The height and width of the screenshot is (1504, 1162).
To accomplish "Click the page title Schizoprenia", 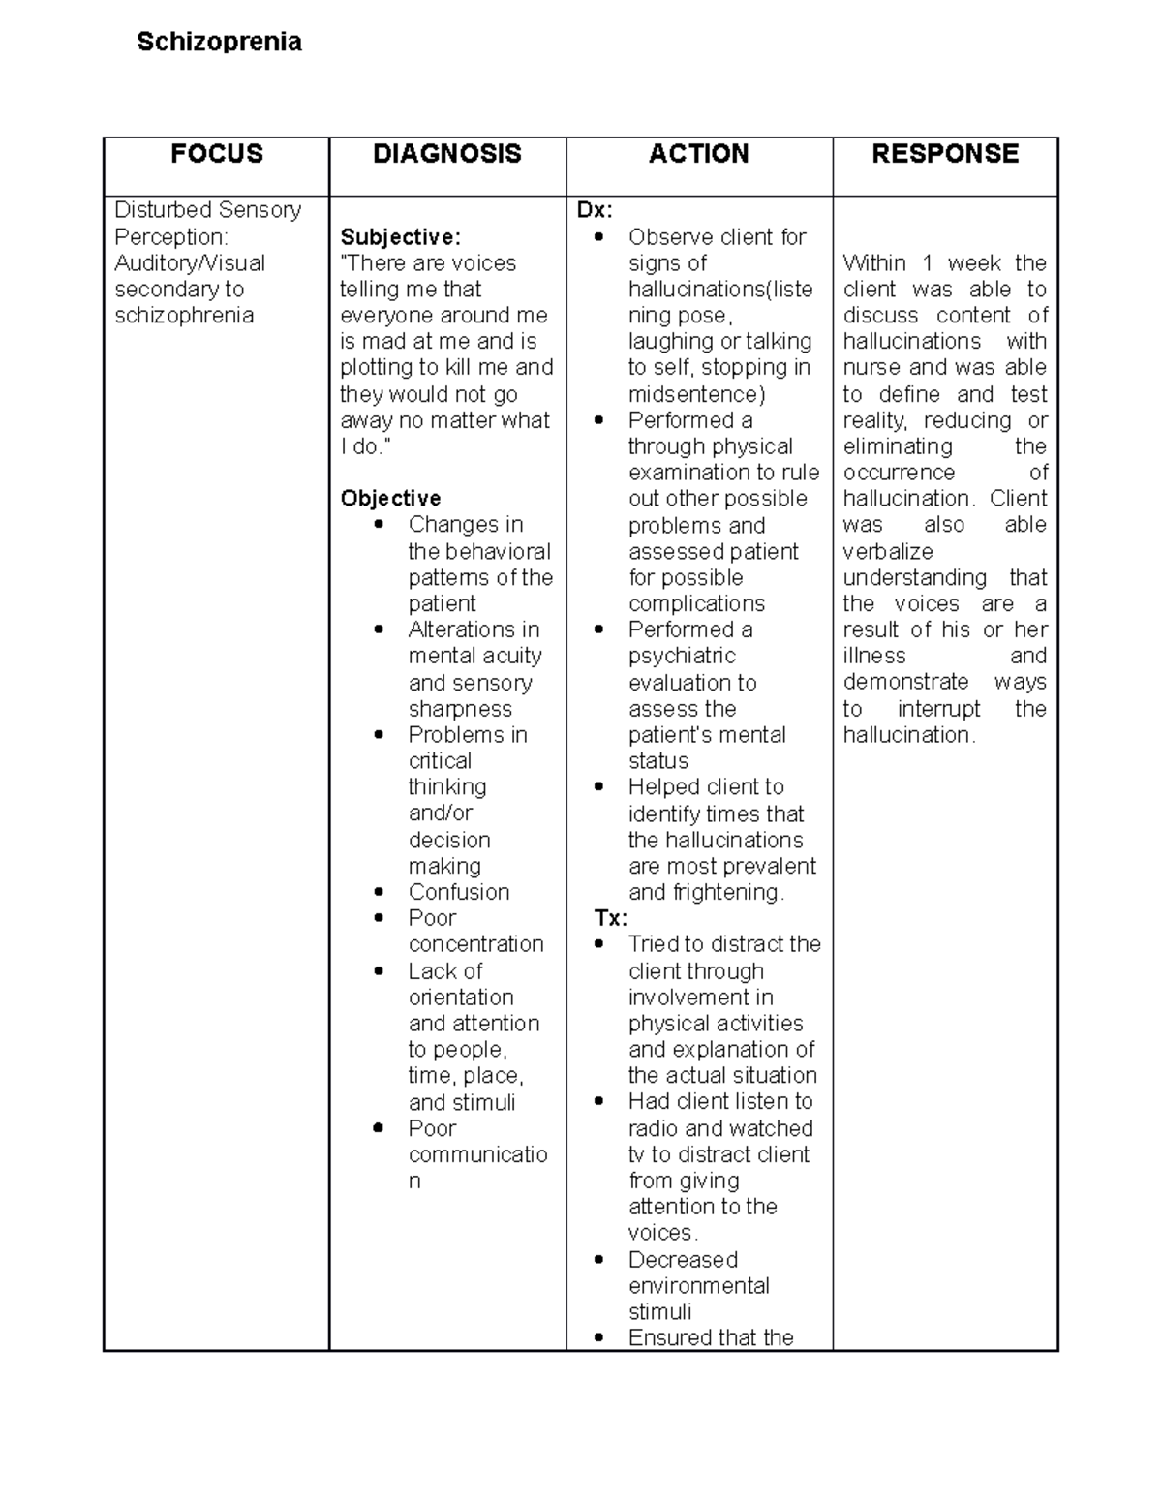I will [219, 42].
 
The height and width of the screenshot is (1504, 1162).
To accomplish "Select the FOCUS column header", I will [217, 154].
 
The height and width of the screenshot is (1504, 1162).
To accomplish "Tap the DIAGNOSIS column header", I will [447, 154].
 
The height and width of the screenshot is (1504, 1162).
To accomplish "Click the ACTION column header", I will [698, 154].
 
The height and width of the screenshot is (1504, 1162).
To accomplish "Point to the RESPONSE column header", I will [945, 154].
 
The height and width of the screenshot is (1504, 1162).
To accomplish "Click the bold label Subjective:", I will [400, 237].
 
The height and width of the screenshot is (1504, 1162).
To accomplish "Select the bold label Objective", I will [390, 499].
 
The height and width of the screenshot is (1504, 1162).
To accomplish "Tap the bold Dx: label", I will [595, 210].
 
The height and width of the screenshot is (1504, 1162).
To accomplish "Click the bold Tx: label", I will [610, 918].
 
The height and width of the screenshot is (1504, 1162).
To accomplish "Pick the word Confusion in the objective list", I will [458, 892].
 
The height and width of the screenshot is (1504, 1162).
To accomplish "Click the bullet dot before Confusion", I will [379, 892].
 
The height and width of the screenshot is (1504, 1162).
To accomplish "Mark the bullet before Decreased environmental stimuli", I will [599, 1260].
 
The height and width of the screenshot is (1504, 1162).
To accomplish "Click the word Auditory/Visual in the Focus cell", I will [190, 263].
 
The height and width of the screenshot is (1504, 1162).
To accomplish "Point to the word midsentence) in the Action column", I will [696, 394].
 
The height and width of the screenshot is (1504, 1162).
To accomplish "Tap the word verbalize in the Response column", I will [888, 552].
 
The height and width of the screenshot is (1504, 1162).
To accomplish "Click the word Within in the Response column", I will [873, 263].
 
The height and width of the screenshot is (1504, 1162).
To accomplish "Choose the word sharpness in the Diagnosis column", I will [460, 709].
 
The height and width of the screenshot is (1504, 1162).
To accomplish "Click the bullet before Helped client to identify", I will [599, 787].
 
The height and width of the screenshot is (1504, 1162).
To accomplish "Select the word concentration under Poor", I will [475, 944].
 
